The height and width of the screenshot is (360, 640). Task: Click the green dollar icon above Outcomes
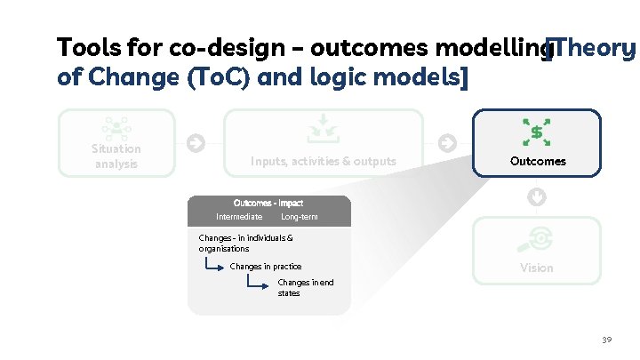coord(536,132)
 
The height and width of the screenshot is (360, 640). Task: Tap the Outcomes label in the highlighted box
coord(537,162)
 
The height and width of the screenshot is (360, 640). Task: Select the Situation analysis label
coord(116,156)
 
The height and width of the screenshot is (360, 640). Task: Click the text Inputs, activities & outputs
coord(324,162)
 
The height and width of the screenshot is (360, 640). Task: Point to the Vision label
coord(536,268)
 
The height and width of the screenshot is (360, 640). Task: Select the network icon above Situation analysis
coord(116,128)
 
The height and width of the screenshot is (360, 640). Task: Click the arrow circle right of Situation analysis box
coord(196,142)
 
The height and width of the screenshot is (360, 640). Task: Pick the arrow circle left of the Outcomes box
coord(447,142)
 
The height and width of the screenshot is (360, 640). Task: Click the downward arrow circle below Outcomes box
coord(536,196)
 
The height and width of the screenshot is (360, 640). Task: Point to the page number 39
coord(607,340)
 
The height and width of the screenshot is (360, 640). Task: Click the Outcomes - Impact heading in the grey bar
coord(268,204)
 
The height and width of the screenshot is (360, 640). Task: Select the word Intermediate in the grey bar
coord(239,217)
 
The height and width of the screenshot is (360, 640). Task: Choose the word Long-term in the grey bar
coord(299,217)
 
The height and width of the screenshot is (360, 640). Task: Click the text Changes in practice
coord(266,267)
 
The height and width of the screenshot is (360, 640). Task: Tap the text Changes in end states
coord(306,287)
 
